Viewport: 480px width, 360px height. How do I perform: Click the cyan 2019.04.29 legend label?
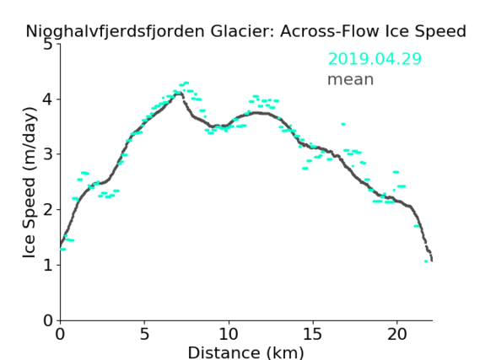tap(375, 59)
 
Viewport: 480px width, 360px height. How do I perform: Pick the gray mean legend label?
tap(351, 80)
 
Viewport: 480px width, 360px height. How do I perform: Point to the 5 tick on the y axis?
tap(48, 45)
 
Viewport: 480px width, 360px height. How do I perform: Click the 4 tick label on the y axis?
tap(48, 99)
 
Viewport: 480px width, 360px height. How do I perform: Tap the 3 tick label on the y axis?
tap(48, 154)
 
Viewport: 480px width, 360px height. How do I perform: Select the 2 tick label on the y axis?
tap(48, 210)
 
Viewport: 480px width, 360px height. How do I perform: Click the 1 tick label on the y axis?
tap(48, 266)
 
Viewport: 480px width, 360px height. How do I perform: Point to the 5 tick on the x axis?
tap(144, 334)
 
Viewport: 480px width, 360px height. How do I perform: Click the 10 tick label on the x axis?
tap(229, 334)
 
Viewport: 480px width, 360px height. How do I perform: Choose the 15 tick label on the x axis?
tap(313, 334)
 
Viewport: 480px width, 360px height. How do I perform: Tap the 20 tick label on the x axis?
tap(397, 334)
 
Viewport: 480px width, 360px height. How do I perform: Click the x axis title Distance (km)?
tap(245, 352)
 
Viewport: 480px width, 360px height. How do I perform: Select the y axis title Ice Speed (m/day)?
tap(30, 182)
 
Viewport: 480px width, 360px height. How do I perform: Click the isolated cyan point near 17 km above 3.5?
tap(343, 124)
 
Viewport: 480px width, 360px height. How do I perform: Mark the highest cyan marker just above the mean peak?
tap(186, 83)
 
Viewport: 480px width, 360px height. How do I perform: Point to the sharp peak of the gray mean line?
tap(180, 93)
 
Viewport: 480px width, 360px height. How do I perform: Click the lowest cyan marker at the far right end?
tap(426, 261)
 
